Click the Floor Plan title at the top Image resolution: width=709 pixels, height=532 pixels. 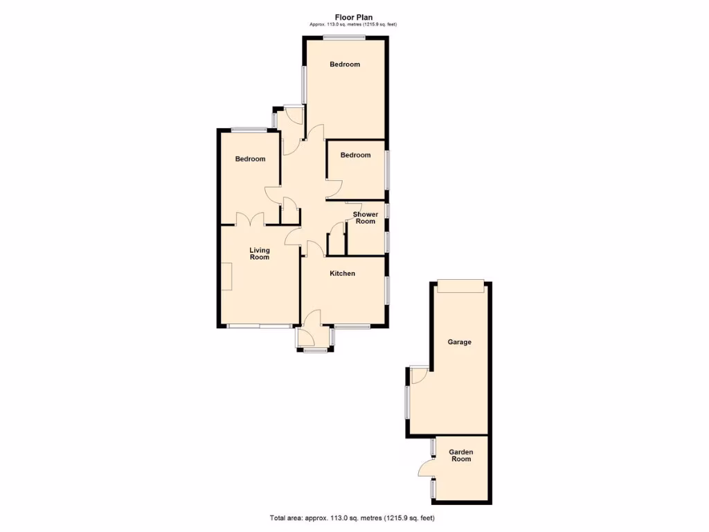354,17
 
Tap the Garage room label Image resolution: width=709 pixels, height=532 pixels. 459,342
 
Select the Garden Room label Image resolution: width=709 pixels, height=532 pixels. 461,455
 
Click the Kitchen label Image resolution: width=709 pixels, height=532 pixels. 342,274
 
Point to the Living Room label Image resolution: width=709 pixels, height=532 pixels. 260,254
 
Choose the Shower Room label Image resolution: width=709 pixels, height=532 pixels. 365,218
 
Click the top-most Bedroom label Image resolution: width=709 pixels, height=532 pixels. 345,64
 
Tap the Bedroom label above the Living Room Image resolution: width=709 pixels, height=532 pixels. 250,159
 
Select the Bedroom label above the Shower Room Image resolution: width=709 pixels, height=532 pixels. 355,155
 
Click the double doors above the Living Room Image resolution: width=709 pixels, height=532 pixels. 251,219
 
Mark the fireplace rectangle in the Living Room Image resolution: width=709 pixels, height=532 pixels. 226,277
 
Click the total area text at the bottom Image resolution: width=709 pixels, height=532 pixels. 354,518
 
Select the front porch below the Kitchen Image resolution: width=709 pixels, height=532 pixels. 314,337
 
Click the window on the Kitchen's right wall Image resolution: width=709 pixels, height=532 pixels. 386,289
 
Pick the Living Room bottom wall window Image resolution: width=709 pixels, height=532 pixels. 260,326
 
